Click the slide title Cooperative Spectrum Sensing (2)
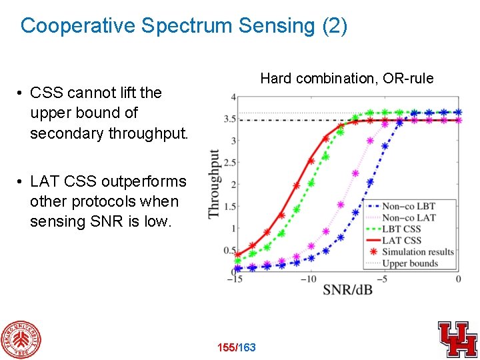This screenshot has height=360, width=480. [184, 26]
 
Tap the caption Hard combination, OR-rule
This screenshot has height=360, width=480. [347, 79]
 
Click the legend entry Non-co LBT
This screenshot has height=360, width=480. [408, 206]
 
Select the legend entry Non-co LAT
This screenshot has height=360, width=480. [408, 217]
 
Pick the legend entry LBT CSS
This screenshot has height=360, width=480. [401, 229]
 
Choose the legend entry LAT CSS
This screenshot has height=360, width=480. [401, 240]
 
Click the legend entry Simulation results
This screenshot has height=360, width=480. [417, 251]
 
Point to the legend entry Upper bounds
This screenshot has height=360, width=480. [410, 263]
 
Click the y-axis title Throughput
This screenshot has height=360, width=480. [215, 183]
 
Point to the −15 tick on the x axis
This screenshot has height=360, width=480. [235, 279]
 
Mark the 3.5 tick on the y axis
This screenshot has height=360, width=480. [230, 119]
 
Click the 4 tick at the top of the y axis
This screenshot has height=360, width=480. [233, 97]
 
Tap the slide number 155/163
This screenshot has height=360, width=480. [237, 347]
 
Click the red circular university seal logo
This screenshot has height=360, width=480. [21, 339]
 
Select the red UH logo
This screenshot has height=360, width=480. [457, 339]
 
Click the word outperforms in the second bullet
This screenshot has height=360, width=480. [144, 181]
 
